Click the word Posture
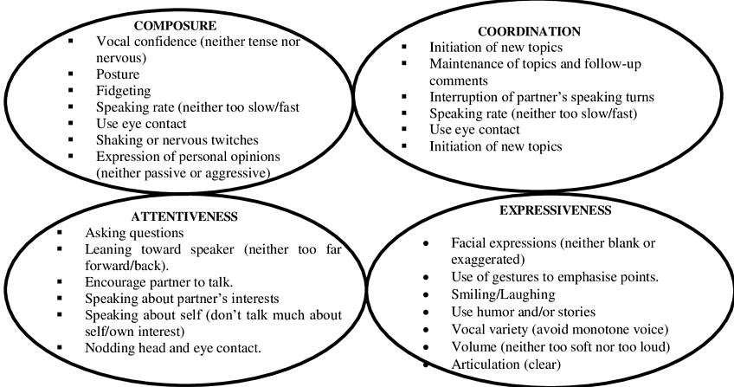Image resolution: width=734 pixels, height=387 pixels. pos(119,72)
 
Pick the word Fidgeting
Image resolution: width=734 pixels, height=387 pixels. pos(125,89)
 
